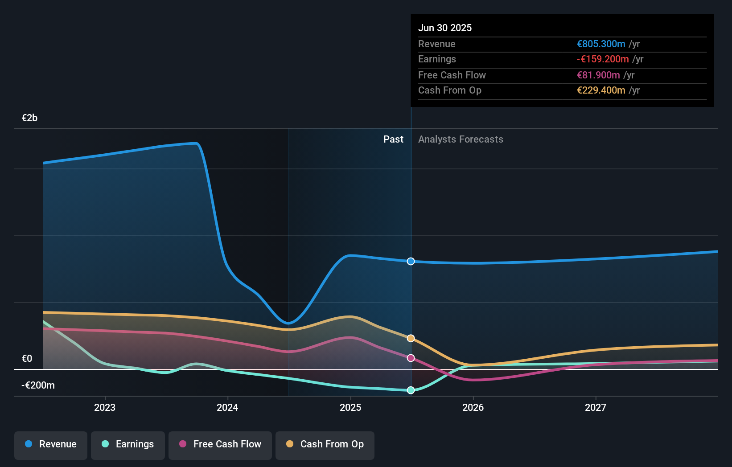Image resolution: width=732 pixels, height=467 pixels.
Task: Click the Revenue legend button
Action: pos(51,444)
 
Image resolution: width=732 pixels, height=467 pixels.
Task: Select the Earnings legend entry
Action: pos(128,444)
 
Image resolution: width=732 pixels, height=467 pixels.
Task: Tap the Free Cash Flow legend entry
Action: pos(220,444)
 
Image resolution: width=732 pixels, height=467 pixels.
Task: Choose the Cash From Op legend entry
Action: pos(325,444)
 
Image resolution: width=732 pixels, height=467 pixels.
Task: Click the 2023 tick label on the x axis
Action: pos(105,407)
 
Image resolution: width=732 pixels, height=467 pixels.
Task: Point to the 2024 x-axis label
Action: pos(227,407)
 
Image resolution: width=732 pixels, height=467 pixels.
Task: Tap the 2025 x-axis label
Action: pos(350,407)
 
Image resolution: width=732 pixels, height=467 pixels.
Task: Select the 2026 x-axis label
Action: pos(473,407)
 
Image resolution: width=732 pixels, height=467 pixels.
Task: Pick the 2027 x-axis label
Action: pos(596,407)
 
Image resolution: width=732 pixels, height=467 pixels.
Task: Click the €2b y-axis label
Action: pos(29,118)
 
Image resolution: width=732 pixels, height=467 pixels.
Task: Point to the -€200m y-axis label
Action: pos(38,385)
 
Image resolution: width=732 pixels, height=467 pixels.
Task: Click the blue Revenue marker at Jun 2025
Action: pos(411,261)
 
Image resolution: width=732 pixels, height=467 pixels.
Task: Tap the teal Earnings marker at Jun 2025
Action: pos(411,390)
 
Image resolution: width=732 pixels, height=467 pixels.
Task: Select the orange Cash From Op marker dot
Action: pos(411,338)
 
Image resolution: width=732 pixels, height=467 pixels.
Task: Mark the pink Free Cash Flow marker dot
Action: pos(411,358)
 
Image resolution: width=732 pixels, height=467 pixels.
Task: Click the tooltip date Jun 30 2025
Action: pos(445,28)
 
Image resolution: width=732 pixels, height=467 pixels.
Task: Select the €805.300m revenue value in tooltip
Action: pos(601,44)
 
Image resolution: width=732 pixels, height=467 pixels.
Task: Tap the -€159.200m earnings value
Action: pos(603,59)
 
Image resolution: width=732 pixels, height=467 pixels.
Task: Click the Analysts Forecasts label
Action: pos(461,139)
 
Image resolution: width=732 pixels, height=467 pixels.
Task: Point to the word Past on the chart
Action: pos(393,139)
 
